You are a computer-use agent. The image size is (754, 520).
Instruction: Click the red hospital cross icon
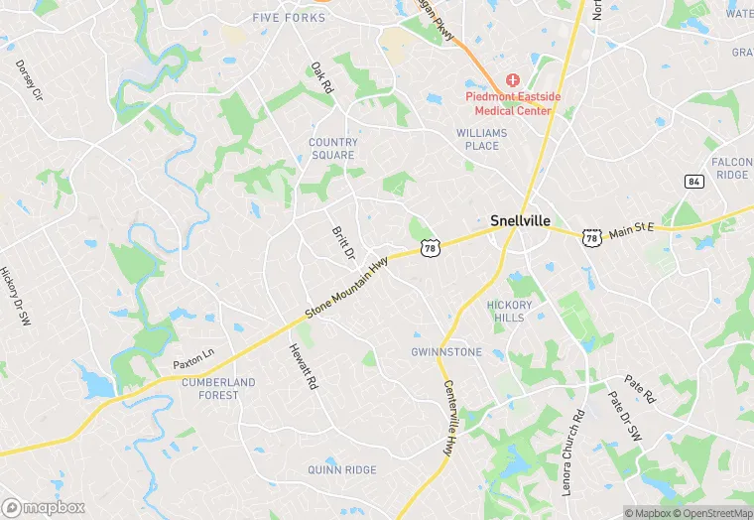[512, 79]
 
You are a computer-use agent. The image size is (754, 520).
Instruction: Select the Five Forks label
[289, 18]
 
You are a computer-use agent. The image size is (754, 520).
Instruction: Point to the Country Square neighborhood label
[332, 149]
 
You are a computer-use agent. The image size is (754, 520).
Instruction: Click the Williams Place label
[482, 139]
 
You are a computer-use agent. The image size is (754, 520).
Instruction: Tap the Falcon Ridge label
[732, 168]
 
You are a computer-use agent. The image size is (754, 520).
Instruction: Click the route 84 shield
[693, 181]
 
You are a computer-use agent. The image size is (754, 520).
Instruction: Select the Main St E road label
[631, 229]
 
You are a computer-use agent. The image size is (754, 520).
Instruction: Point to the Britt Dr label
[342, 243]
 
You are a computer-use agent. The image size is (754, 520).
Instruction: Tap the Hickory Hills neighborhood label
[510, 311]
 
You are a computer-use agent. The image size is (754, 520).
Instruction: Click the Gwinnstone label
[446, 352]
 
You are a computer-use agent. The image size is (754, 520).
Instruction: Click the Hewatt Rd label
[303, 366]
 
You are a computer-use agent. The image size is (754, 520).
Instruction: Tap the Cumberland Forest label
[217, 388]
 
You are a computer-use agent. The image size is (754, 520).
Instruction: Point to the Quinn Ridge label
[341, 469]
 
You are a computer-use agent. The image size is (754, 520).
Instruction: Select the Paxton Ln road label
[193, 355]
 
